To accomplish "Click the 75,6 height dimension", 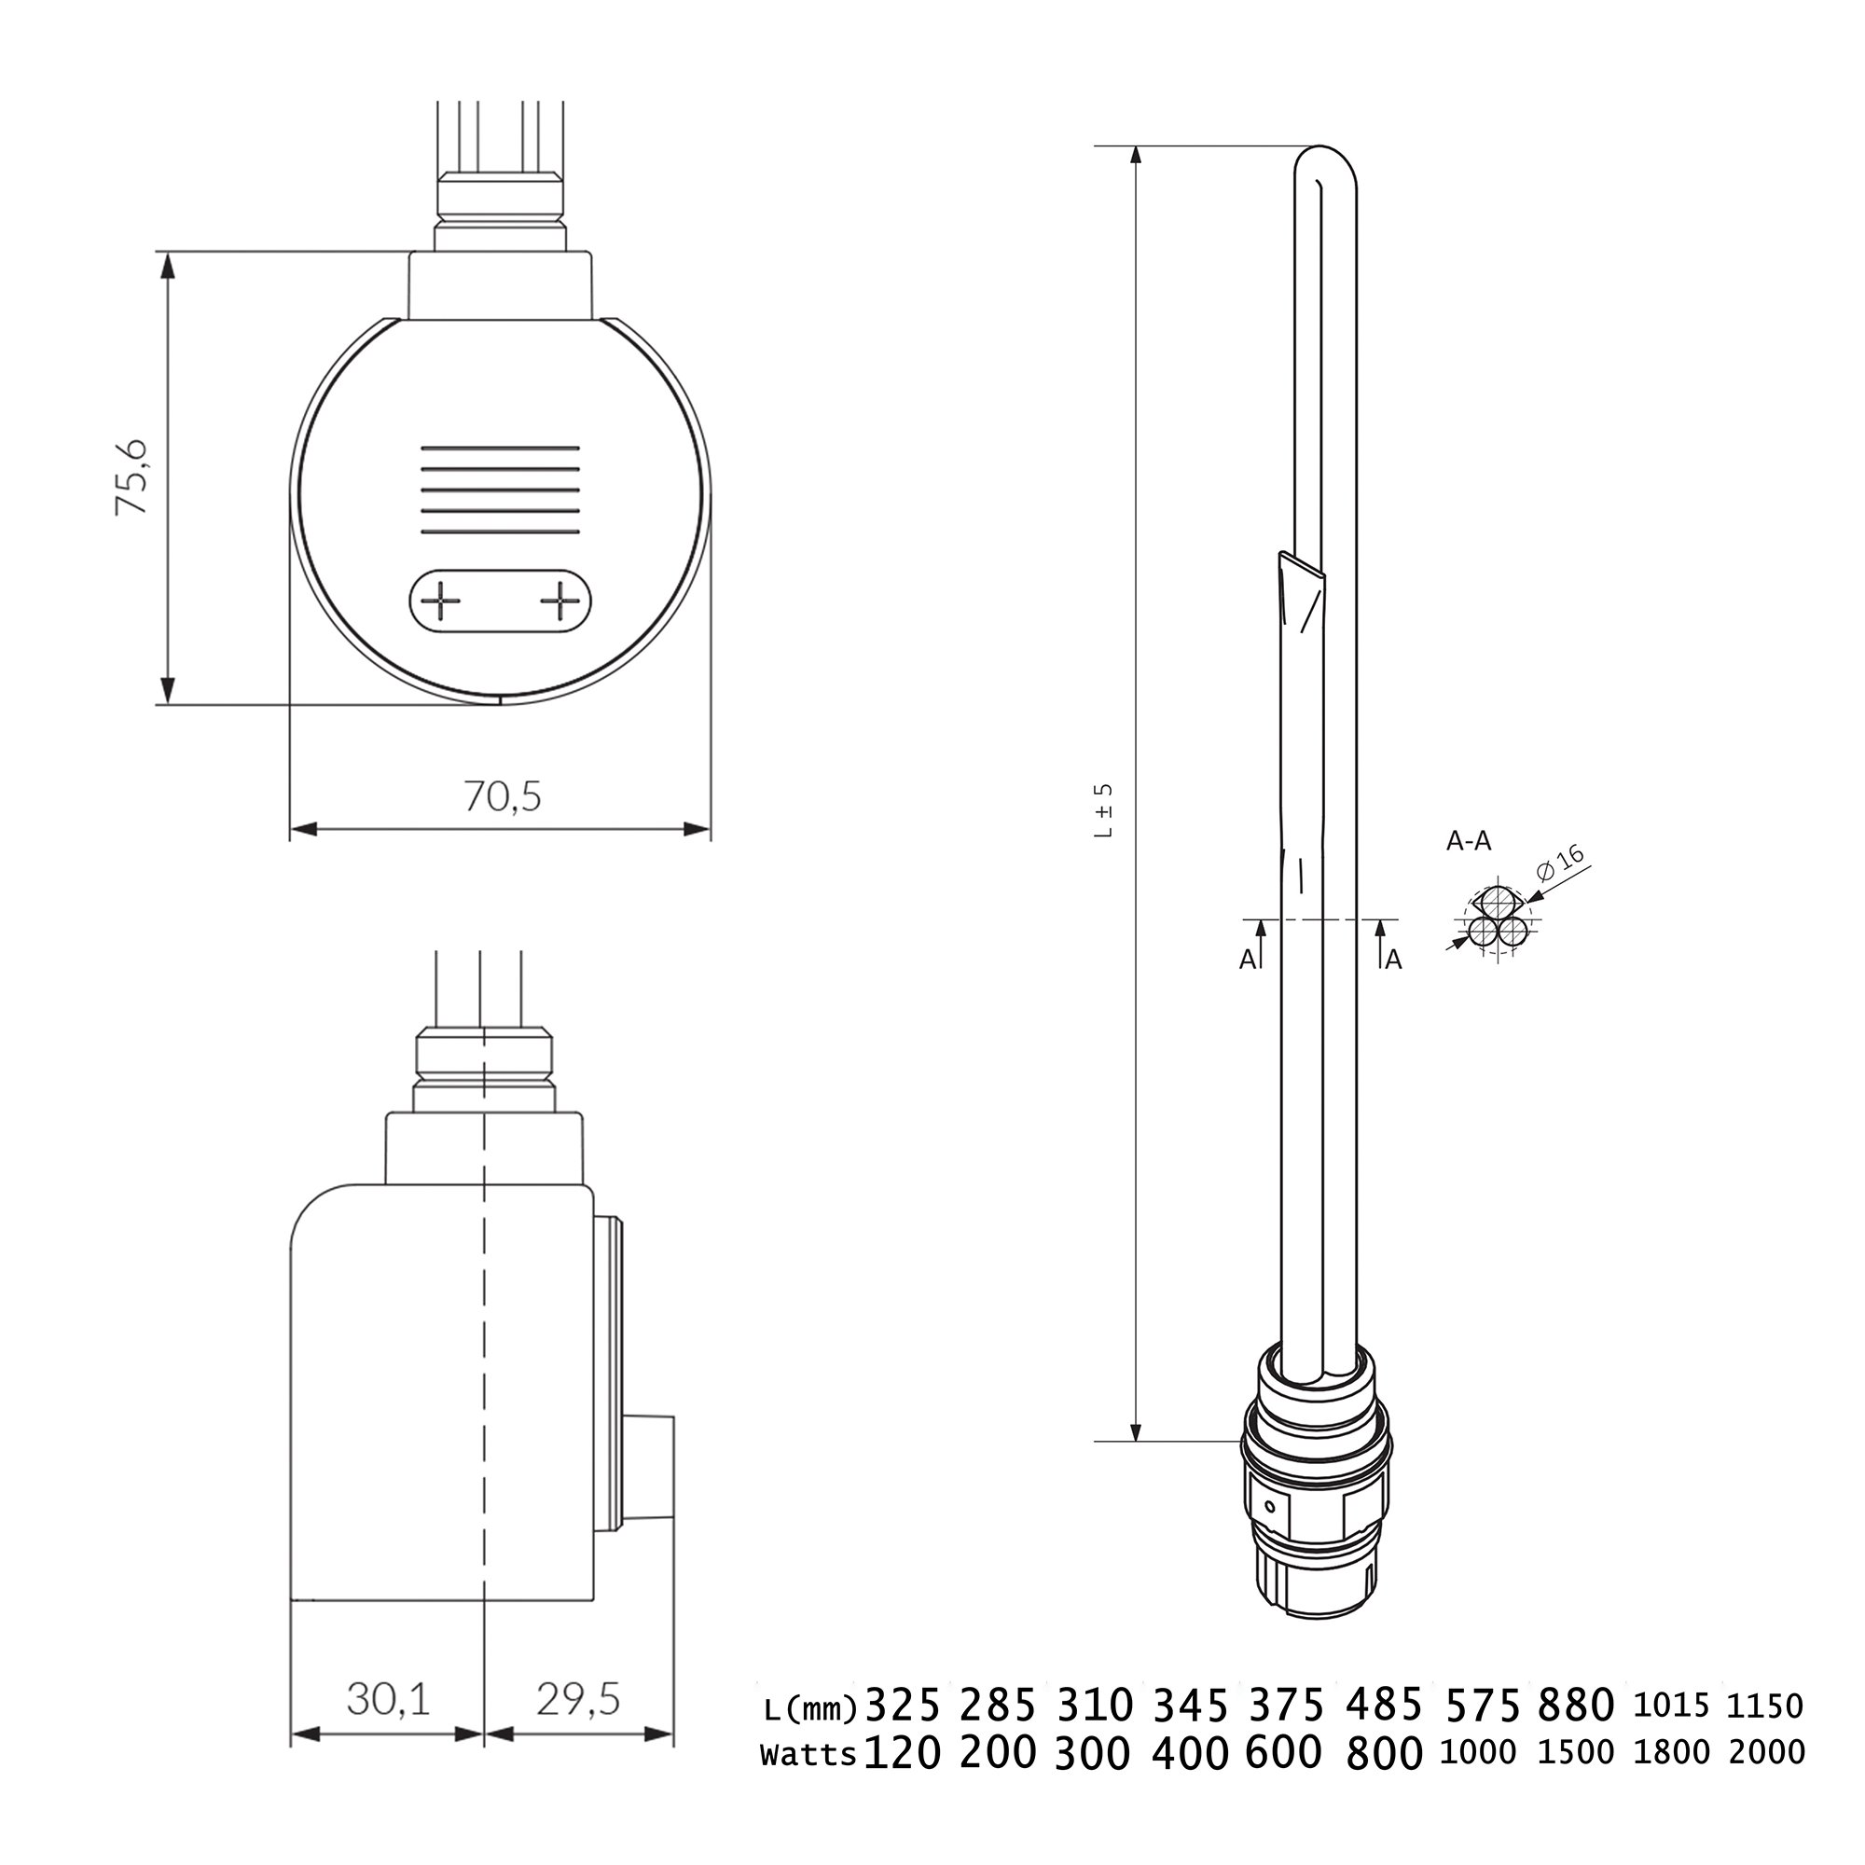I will click(131, 477).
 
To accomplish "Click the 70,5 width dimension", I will click(502, 797).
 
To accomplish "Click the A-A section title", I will click(1469, 843).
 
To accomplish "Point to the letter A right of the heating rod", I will click(1393, 960).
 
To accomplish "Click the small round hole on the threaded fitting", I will click(1270, 1507).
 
